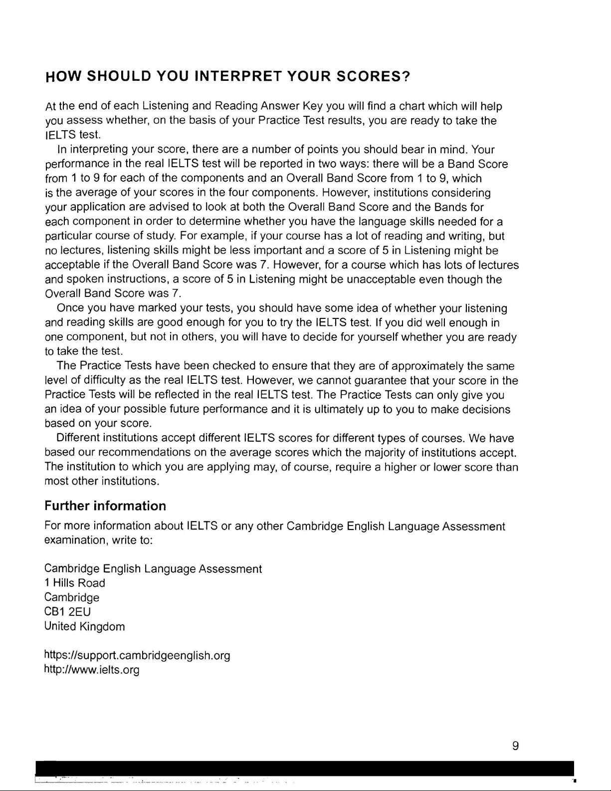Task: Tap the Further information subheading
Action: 105,506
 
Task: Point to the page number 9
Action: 516,746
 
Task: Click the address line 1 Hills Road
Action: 75,583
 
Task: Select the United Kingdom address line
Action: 84,626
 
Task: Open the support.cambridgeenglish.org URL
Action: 137,655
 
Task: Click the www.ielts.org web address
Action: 92,670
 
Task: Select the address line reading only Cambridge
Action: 72,597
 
